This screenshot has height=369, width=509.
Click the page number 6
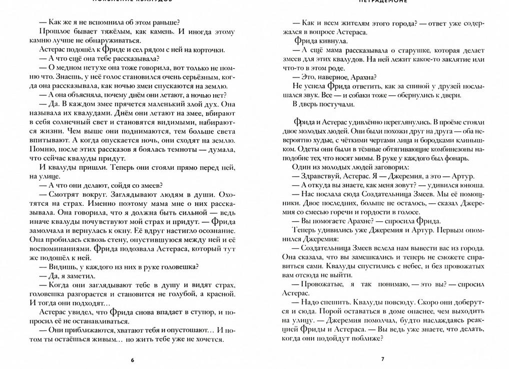tap(133, 359)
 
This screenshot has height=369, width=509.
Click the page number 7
tap(382, 359)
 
